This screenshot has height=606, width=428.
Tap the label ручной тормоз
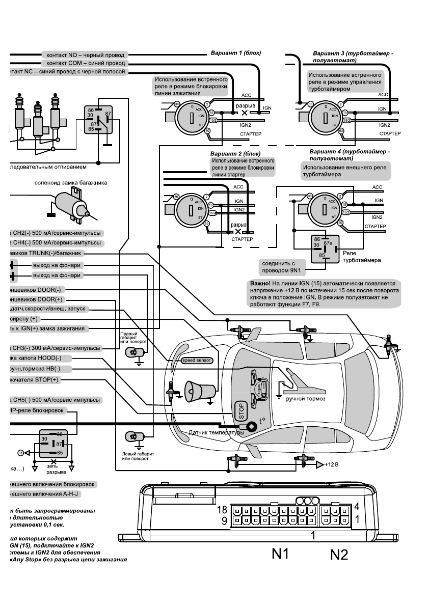click(x=306, y=398)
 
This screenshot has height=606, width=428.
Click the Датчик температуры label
click(x=216, y=432)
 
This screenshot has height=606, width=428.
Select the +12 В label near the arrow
click(x=332, y=465)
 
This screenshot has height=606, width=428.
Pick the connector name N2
click(x=339, y=554)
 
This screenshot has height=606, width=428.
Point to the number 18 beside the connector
click(x=222, y=509)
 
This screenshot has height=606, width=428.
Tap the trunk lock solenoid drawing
click(x=71, y=205)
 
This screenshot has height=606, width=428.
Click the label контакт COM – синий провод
click(x=85, y=63)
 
